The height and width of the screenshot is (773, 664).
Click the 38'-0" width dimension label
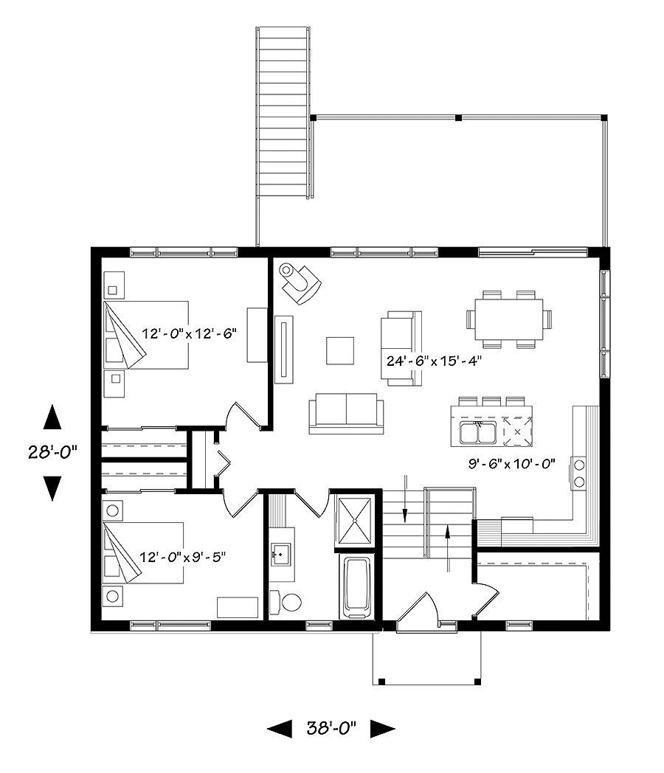tap(331, 729)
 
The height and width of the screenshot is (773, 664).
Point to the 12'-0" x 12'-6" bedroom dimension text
tap(188, 333)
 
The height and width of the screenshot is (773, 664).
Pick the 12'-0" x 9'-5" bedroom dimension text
tap(182, 555)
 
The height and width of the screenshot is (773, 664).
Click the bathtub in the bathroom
tap(358, 588)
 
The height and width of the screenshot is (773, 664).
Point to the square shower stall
tap(357, 519)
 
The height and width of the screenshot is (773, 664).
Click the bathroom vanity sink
tap(281, 551)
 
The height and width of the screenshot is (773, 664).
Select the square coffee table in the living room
tap(340, 350)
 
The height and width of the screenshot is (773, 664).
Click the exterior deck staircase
tap(283, 112)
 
